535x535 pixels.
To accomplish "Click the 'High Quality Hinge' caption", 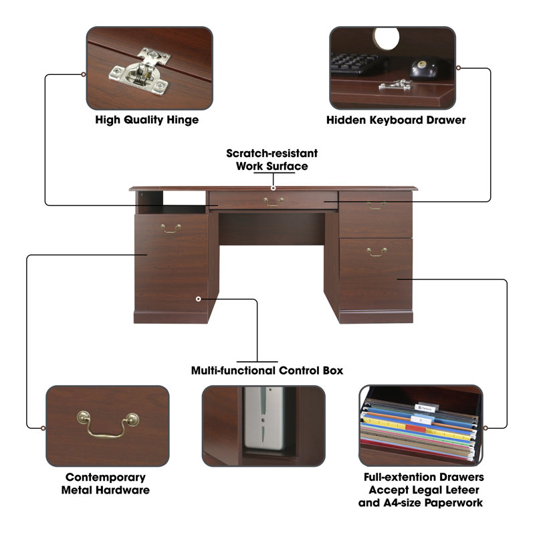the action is pos(146,120).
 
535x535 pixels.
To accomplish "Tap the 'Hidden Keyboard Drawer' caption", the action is pos(396,120).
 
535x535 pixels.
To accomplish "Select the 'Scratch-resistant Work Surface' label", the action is pos(272,160).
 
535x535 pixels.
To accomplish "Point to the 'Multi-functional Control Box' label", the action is pos(267,370).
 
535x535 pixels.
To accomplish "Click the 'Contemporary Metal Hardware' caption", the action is pos(106,484).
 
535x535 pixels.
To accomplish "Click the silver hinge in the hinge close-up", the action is pos(140,71).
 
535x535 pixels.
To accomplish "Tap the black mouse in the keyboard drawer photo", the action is pos(423,68).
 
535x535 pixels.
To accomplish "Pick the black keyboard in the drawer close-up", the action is pos(355,64).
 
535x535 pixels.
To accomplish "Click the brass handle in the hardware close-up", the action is pos(108,424).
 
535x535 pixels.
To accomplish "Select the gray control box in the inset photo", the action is pos(263,419).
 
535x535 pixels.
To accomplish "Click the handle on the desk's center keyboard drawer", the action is pos(274,202).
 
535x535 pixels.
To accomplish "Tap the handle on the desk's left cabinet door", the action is pos(171,229).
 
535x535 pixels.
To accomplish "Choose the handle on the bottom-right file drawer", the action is pos(377,252).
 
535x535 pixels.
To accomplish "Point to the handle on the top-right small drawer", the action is pos(377,205).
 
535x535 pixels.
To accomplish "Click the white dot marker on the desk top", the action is pos(273,188).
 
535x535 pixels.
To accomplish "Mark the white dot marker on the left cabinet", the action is pos(198,299).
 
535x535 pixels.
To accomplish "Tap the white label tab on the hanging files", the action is pos(425,408).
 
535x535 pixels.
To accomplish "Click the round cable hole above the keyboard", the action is pos(387,38).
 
